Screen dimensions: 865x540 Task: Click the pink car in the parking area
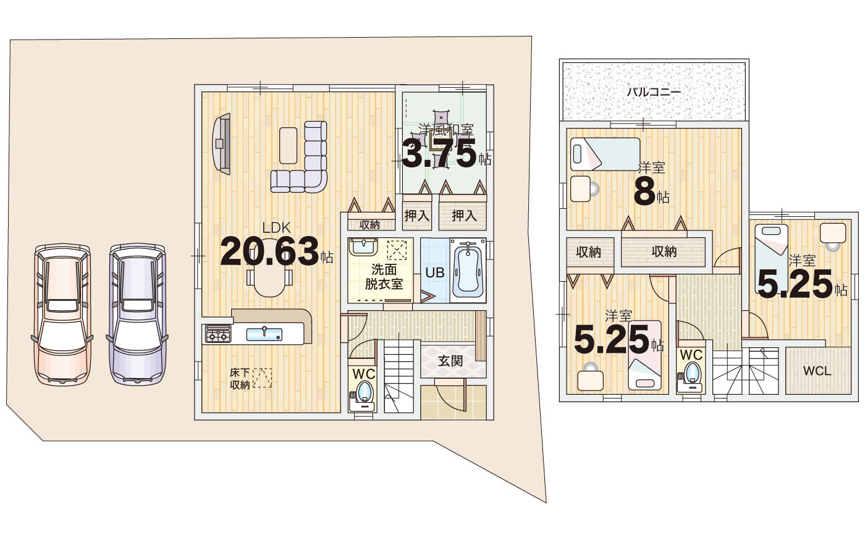(x=62, y=314)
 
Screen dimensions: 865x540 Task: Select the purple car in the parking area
(x=137, y=314)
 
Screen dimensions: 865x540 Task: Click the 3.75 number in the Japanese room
(x=439, y=154)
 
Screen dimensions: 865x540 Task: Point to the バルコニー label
(x=654, y=92)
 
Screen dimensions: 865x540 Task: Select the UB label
(x=435, y=272)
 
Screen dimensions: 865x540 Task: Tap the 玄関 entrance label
(x=450, y=361)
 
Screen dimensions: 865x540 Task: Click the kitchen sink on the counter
(x=264, y=334)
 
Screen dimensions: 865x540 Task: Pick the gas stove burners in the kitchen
(x=218, y=334)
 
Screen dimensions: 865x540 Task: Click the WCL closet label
(x=817, y=371)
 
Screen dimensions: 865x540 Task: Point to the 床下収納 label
(x=240, y=379)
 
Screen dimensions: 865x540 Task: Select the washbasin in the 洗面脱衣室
(x=363, y=247)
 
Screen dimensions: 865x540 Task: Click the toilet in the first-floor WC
(x=363, y=396)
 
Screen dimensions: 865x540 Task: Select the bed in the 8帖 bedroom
(x=605, y=154)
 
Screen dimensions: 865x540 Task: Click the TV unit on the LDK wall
(x=222, y=144)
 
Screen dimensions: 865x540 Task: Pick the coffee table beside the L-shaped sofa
(x=288, y=146)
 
